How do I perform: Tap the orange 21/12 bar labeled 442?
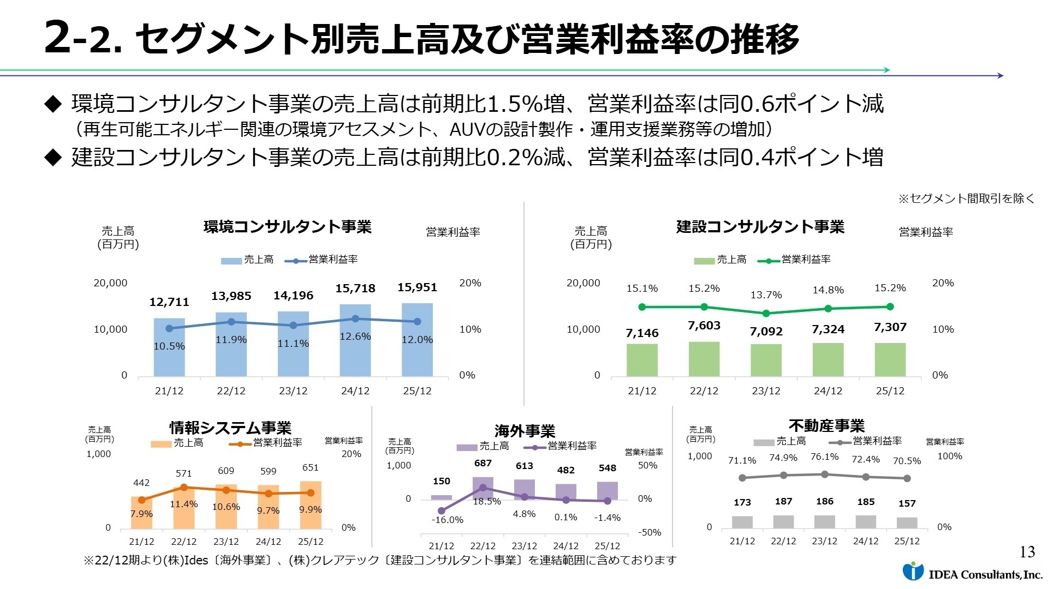click(141, 513)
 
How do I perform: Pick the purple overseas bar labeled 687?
click(483, 488)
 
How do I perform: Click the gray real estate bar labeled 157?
click(907, 522)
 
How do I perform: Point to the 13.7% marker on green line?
click(766, 314)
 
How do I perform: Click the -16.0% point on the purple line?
click(442, 511)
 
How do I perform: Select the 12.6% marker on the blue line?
click(355, 318)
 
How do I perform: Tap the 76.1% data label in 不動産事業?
click(824, 457)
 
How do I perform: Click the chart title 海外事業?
click(525, 431)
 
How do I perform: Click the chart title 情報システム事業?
click(230, 428)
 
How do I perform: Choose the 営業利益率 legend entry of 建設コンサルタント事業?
click(795, 260)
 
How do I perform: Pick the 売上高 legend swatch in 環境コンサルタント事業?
click(231, 261)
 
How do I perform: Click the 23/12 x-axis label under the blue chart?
click(293, 391)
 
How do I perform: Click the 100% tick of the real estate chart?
click(949, 456)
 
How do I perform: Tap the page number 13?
click(1027, 552)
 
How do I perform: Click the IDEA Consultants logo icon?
click(913, 571)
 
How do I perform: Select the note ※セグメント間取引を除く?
click(966, 199)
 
